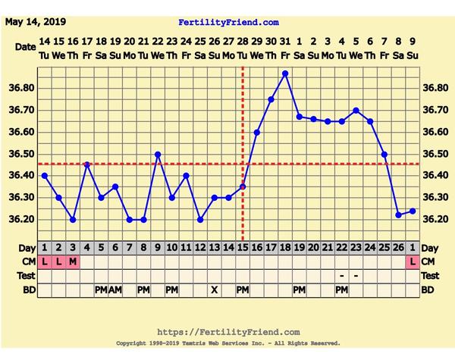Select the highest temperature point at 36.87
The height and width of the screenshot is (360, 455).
click(285, 74)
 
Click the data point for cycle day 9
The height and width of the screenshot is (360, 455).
click(158, 154)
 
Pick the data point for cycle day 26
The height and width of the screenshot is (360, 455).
click(399, 215)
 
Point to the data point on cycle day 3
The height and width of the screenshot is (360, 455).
click(73, 220)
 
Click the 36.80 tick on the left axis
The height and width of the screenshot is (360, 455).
click(25, 88)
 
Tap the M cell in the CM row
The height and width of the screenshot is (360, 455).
click(73, 261)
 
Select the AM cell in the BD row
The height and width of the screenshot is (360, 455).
click(115, 290)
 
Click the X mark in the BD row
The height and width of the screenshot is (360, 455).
click(215, 290)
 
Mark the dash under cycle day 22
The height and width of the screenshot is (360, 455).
click(342, 276)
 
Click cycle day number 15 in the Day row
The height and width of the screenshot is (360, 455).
click(243, 248)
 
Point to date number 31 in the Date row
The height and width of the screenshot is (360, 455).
click(285, 40)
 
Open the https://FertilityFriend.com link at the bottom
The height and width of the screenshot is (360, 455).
click(228, 332)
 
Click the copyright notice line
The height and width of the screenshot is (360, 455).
click(228, 343)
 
